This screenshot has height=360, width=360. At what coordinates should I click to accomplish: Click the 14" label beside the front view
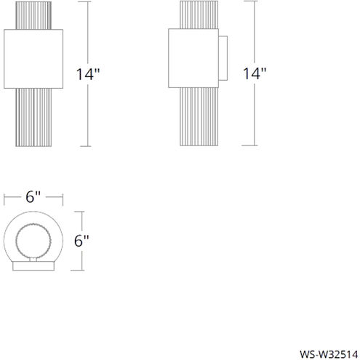coord(89,74)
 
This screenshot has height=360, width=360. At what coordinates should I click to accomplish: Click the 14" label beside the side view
coord(255,74)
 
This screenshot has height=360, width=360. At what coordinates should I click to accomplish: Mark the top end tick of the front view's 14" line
coord(89,2)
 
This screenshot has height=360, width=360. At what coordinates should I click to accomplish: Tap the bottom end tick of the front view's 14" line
coord(89,143)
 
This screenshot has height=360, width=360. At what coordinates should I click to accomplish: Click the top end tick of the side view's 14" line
coord(253,2)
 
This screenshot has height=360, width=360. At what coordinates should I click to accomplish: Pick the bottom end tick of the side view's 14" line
coord(253,143)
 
